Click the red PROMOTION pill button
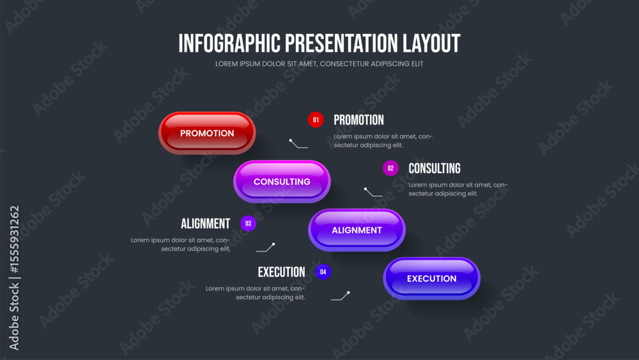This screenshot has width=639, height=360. pyautogui.click(x=207, y=133)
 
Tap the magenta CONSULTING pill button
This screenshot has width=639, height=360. pyautogui.click(x=282, y=182)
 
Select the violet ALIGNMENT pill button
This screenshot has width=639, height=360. pyautogui.click(x=357, y=230)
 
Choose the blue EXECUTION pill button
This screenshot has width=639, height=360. pyautogui.click(x=432, y=279)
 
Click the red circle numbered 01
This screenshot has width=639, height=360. pyautogui.click(x=316, y=120)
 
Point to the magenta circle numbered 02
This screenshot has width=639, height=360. pyautogui.click(x=391, y=168)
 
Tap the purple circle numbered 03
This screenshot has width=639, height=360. pyautogui.click(x=248, y=223)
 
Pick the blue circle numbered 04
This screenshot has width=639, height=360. pyautogui.click(x=323, y=272)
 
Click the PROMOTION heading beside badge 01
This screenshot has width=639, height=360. pyautogui.click(x=358, y=120)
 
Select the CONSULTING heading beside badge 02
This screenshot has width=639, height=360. pyautogui.click(x=435, y=168)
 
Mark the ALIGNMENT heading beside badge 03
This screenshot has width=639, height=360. pyautogui.click(x=205, y=223)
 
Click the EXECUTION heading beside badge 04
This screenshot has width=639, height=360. pyautogui.click(x=281, y=272)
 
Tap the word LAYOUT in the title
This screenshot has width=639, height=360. pyautogui.click(x=431, y=43)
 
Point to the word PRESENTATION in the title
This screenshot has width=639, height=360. pyautogui.click(x=341, y=43)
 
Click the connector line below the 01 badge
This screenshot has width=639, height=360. pyautogui.click(x=298, y=145)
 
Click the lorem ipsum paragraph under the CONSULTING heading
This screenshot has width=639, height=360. pyautogui.click(x=458, y=189)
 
